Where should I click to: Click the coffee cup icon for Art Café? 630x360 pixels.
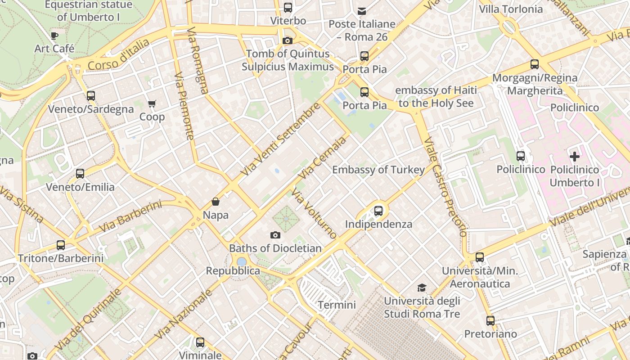(x=54, y=36)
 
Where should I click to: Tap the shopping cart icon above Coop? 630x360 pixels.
(x=152, y=104)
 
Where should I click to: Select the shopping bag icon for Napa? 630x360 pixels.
(x=216, y=202)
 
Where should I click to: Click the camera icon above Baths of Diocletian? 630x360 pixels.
(x=275, y=235)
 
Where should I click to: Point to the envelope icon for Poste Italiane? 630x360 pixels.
(x=362, y=11)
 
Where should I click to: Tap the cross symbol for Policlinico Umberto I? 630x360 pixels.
(x=575, y=157)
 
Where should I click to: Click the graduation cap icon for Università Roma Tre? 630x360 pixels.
(x=422, y=288)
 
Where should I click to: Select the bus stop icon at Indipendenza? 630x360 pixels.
(x=378, y=211)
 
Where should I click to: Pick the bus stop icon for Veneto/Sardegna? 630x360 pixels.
(x=91, y=95)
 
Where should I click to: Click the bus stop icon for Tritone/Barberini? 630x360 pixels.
(x=61, y=245)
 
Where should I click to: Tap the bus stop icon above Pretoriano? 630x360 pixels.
(x=490, y=321)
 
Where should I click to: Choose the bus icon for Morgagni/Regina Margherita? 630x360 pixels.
(x=535, y=64)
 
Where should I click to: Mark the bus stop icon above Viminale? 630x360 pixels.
(x=200, y=342)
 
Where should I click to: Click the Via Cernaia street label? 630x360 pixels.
(x=323, y=156)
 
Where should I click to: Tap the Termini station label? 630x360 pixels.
(x=337, y=305)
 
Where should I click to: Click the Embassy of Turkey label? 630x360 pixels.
(x=378, y=170)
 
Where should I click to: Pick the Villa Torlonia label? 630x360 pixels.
(x=511, y=9)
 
